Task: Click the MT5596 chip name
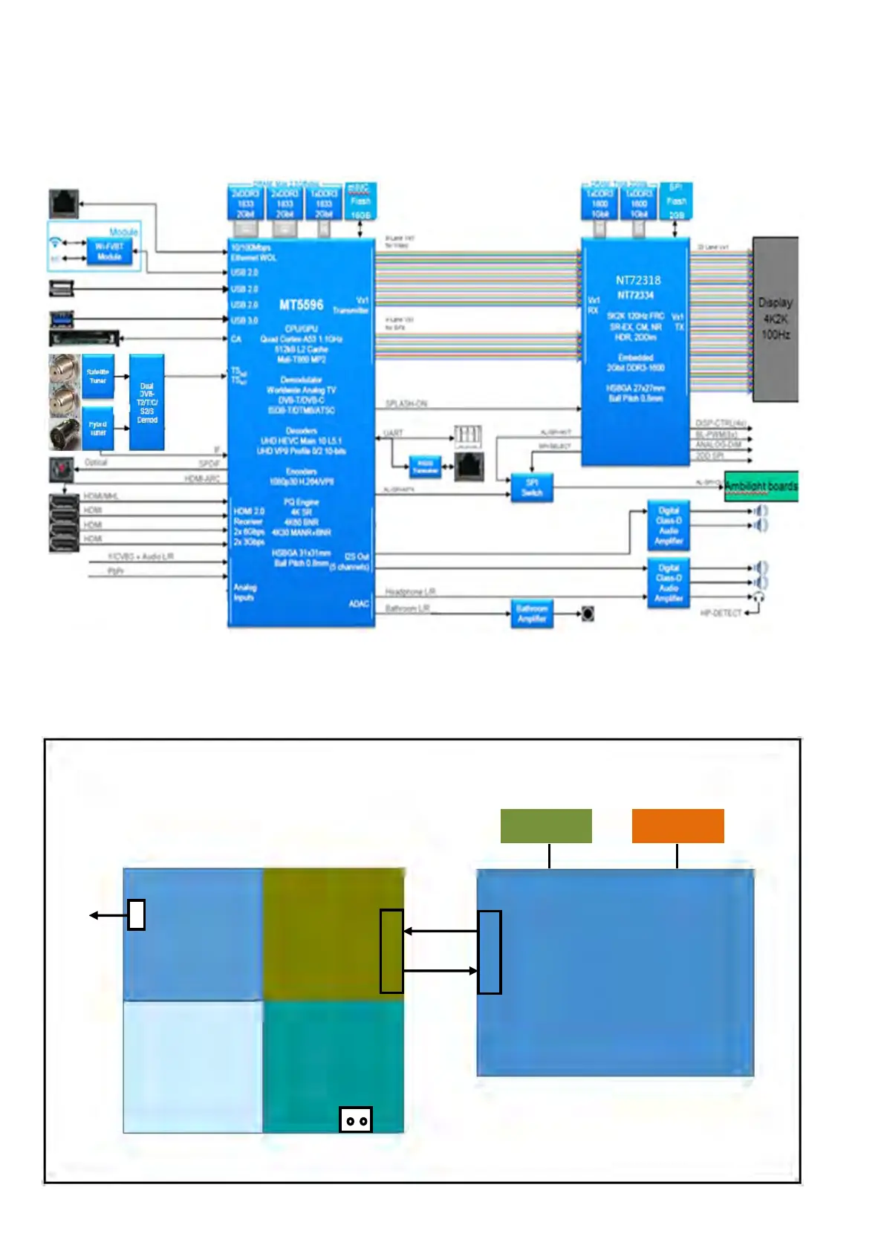click(x=301, y=305)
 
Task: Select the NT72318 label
click(x=637, y=280)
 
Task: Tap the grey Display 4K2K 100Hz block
click(x=775, y=319)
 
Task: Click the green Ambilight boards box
click(x=761, y=486)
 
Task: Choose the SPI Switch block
click(x=532, y=487)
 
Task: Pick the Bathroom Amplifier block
click(x=532, y=614)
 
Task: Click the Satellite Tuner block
click(x=98, y=376)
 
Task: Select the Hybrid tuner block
click(x=98, y=428)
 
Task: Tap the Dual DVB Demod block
click(x=147, y=402)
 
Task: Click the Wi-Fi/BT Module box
click(x=109, y=252)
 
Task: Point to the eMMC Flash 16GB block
click(x=360, y=201)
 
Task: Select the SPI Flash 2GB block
click(x=676, y=201)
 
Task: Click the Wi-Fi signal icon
click(x=55, y=242)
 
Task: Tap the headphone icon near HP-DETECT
click(x=758, y=597)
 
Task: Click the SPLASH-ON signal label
click(x=406, y=403)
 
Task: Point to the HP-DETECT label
click(x=721, y=613)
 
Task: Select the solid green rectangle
click(x=546, y=825)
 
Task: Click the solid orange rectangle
click(x=677, y=825)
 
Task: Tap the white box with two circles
click(x=355, y=1120)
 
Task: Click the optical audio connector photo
click(x=62, y=469)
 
